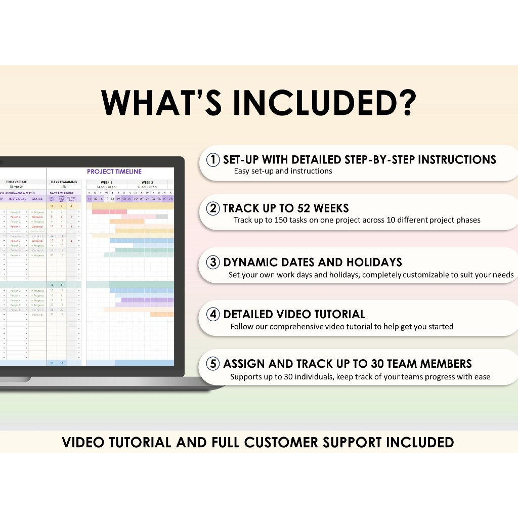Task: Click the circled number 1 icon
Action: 213,160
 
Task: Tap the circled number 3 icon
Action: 213,262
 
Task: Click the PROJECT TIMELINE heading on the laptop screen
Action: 114,172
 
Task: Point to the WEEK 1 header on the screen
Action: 106,183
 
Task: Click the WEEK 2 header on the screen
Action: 147,183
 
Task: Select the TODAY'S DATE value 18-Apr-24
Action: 16,187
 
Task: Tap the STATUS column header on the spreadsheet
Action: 37,199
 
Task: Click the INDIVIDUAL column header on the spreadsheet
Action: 17,199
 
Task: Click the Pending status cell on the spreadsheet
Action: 38,314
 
